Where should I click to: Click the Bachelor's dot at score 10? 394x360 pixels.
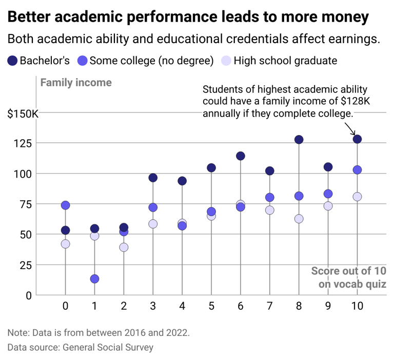pyautogui.click(x=357, y=139)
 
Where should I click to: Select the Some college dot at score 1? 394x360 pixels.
pyautogui.click(x=94, y=279)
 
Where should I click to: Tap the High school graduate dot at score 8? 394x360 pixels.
pyautogui.click(x=299, y=219)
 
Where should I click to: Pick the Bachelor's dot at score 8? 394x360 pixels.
pyautogui.click(x=299, y=140)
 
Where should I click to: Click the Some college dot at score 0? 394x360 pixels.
pyautogui.click(x=65, y=205)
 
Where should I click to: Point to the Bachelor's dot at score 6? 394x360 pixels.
pyautogui.click(x=240, y=156)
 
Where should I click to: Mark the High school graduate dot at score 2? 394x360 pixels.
pyautogui.click(x=124, y=247)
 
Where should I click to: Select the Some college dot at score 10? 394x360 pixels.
pyautogui.click(x=357, y=170)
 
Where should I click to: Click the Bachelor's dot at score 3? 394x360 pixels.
pyautogui.click(x=153, y=178)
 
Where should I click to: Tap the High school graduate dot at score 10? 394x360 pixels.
pyautogui.click(x=357, y=197)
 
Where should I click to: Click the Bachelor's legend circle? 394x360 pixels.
pyautogui.click(x=12, y=61)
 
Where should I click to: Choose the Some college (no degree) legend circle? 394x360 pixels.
pyautogui.click(x=82, y=61)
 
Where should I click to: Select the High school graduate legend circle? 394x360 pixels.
pyautogui.click(x=226, y=61)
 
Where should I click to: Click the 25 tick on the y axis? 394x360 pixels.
pyautogui.click(x=25, y=265)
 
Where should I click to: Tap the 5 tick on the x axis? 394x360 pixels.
pyautogui.click(x=211, y=306)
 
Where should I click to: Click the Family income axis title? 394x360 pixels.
pyautogui.click(x=75, y=82)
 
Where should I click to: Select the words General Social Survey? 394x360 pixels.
pyautogui.click(x=108, y=347)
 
